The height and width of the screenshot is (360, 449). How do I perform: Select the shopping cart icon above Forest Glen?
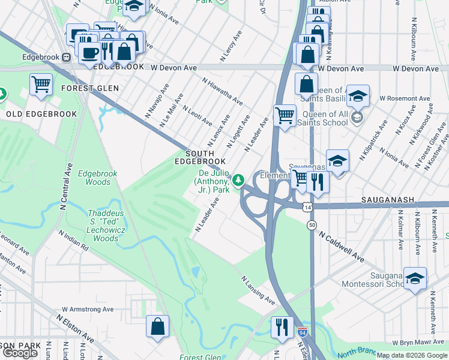(41, 85)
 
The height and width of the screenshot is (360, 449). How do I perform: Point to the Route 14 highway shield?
(307, 206)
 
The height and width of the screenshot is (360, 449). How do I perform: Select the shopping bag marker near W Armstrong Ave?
(157, 327)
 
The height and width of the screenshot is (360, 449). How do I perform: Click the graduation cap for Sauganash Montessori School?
(415, 278)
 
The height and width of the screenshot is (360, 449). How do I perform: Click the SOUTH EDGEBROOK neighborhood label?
(200, 157)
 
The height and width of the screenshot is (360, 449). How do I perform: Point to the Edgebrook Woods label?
(101, 177)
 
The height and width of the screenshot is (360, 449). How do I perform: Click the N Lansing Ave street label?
(258, 290)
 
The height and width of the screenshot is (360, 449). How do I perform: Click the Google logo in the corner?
(20, 353)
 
